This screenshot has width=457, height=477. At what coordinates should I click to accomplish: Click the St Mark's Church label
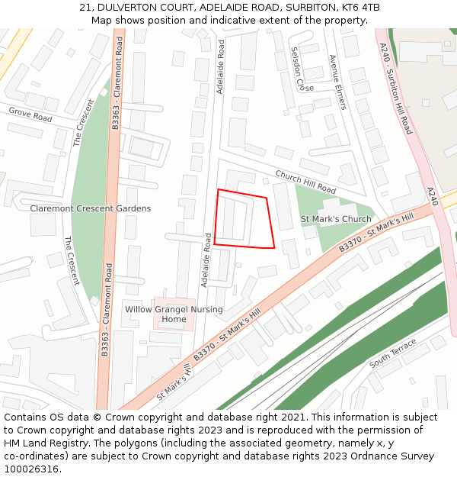[x=336, y=220]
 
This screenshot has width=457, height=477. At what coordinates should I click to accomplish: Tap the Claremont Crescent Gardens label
[x=90, y=208]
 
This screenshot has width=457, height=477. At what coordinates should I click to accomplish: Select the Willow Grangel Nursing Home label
[x=174, y=314]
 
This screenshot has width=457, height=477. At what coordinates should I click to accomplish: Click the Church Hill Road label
[x=305, y=182]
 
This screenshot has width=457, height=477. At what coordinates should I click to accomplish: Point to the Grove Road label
[x=30, y=114]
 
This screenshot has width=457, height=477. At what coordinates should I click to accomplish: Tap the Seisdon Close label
[x=297, y=69]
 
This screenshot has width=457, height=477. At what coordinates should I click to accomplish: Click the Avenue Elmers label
[x=337, y=82]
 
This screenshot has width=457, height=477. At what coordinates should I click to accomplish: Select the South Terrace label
[x=393, y=354]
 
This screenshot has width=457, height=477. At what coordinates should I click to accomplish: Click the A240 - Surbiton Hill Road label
[x=395, y=88]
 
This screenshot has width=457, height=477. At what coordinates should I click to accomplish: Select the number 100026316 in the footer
[x=30, y=469]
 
